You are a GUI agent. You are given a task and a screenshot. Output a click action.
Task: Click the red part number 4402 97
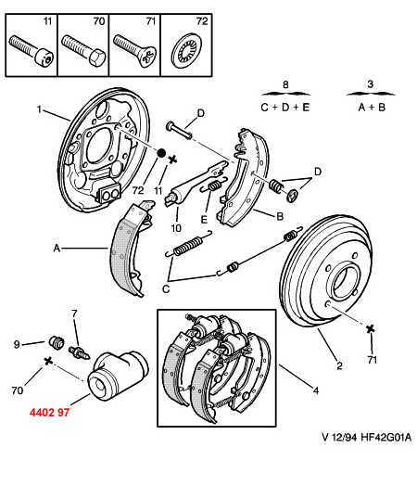point(49,413)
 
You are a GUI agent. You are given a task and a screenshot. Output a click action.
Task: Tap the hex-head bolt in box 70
point(83,50)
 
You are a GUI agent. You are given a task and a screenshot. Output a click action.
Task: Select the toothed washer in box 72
point(186,50)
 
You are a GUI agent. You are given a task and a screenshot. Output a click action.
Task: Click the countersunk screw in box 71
point(134,50)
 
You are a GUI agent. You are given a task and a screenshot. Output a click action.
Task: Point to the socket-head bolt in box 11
point(32,50)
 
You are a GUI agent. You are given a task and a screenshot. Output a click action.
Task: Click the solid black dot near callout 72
point(161,153)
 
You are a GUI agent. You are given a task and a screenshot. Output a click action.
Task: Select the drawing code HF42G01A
point(386,438)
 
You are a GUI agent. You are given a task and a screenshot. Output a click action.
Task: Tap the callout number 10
point(176,228)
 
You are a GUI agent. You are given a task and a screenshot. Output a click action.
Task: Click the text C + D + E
point(285,108)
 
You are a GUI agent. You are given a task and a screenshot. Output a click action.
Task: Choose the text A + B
point(372,108)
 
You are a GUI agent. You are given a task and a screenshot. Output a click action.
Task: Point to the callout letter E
point(204,220)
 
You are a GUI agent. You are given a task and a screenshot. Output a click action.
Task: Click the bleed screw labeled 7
point(79,353)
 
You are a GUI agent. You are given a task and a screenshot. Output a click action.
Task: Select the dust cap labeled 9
point(57,342)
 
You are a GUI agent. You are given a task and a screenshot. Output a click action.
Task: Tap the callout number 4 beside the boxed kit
point(316,390)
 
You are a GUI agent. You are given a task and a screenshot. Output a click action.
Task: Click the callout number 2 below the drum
point(339,365)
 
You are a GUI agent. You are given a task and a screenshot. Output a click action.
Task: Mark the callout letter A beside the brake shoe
point(57,249)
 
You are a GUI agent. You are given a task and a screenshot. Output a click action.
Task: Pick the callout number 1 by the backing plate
point(39,109)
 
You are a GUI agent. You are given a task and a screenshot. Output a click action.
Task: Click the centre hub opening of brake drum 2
point(343,283)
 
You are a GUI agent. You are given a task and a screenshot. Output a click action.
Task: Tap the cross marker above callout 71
point(370,328)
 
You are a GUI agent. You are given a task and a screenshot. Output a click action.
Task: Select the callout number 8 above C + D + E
point(285,84)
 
